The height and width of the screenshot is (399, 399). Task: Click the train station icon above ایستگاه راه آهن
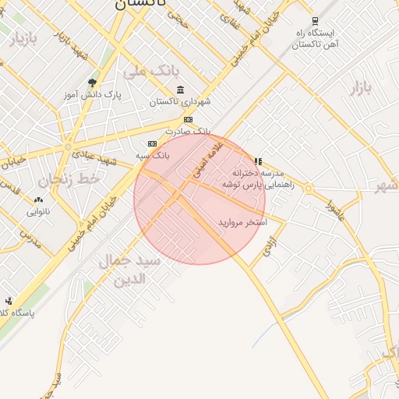315,21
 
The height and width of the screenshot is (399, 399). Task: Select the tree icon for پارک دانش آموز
94,83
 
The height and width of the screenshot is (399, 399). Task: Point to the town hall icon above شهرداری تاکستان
181,90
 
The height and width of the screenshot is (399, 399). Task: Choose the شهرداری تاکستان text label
181,102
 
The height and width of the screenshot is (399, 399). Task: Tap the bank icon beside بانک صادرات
188,119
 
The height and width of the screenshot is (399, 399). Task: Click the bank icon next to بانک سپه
152,143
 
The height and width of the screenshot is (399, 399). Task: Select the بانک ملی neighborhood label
145,71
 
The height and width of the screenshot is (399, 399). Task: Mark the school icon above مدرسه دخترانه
258,161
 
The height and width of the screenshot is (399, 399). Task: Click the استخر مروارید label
242,223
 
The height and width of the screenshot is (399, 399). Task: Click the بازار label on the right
360,87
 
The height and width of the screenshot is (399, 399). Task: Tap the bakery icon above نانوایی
38,200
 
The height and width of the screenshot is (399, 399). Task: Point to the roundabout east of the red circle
309,189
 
